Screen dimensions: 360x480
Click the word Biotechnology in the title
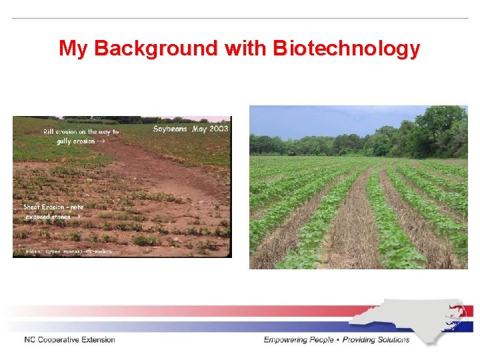tap(347, 49)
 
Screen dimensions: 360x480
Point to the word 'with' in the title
tap(247, 49)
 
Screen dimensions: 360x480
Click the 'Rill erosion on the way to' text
tap(81, 132)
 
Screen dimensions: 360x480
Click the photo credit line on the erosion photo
tap(69, 251)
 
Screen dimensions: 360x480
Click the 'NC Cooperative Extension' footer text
tap(69, 340)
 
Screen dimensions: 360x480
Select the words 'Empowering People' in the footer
tap(299, 340)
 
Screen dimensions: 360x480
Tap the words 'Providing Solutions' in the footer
tap(377, 340)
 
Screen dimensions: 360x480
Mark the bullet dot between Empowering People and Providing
tap(339, 340)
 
